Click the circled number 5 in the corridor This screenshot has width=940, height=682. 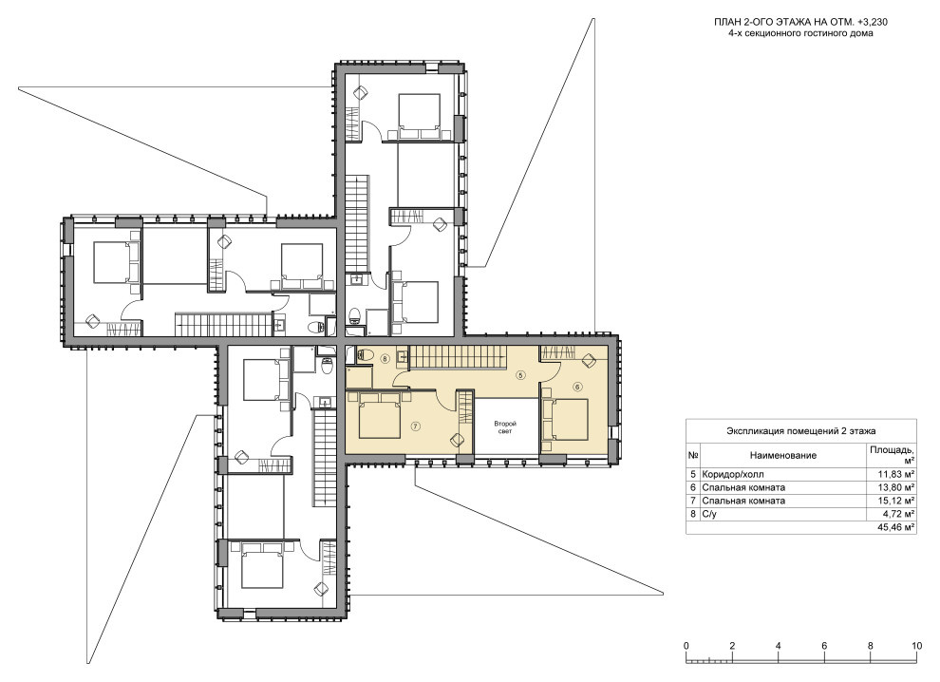(520, 375)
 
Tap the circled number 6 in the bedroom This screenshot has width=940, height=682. (577, 387)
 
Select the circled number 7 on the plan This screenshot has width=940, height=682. (416, 426)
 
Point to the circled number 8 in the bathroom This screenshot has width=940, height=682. (385, 359)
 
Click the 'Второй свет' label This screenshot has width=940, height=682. (505, 427)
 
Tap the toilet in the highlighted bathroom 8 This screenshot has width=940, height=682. (362, 355)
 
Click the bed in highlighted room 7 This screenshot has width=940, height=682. (380, 415)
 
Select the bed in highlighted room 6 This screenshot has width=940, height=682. (565, 419)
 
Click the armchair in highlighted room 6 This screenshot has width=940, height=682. (588, 361)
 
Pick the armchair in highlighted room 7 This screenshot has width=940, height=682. (457, 440)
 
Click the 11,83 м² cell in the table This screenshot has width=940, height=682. (897, 474)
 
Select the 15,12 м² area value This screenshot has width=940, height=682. (897, 501)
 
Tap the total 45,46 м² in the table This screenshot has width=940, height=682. (896, 527)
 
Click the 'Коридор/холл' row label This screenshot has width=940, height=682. (733, 474)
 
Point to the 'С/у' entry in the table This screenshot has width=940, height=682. (709, 514)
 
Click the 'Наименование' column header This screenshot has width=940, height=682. (783, 455)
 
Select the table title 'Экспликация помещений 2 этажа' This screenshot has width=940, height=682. (801, 430)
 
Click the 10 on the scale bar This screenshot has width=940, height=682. (916, 646)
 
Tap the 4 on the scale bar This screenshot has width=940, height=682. (779, 646)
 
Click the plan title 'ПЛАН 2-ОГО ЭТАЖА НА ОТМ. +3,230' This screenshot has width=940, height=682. (800, 22)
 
